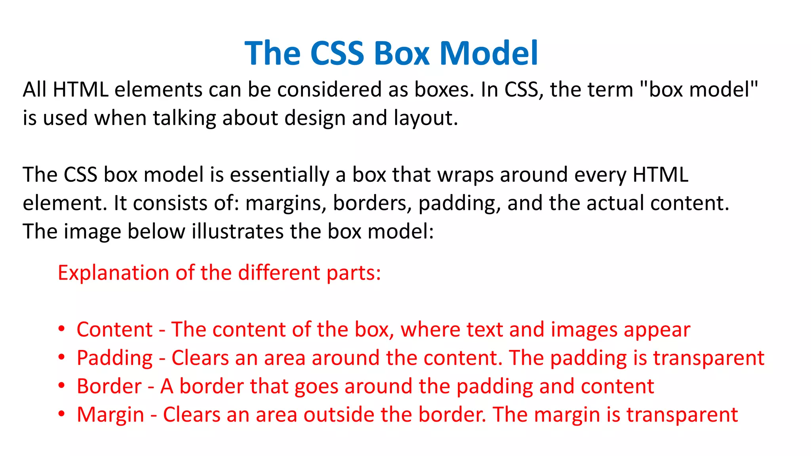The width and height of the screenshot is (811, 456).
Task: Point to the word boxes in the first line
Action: (x=444, y=89)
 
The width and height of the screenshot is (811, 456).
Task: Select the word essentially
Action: (x=279, y=175)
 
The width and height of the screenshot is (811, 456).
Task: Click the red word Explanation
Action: (x=113, y=273)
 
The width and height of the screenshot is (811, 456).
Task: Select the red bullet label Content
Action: (x=114, y=329)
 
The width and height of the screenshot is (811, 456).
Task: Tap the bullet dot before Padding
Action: (x=61, y=357)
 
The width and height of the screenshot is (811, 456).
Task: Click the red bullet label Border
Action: (x=109, y=386)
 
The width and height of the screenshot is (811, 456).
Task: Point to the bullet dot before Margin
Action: (x=61, y=414)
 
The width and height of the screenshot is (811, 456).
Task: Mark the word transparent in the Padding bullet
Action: (x=708, y=358)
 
